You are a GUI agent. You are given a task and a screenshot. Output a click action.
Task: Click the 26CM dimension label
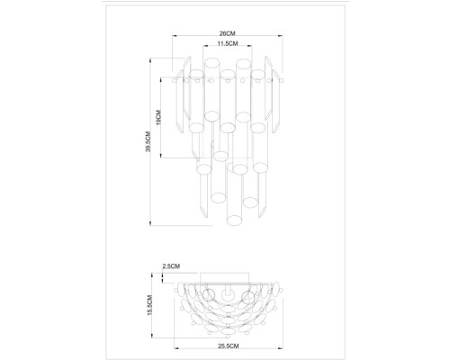click(x=226, y=32)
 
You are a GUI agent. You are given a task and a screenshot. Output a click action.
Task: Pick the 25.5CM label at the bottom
click(x=226, y=343)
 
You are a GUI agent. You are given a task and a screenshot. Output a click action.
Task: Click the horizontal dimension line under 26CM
click(x=226, y=38)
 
